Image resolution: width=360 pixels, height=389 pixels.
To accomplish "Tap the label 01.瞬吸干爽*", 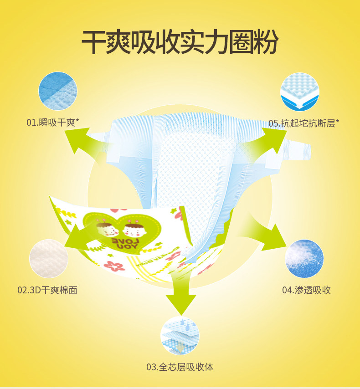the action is pos(52,122).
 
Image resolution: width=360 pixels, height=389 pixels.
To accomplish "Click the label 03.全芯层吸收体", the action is pos(180,367).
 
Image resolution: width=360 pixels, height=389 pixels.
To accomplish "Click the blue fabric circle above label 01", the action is pos(57,92).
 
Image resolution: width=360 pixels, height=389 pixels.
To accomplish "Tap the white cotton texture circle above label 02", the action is pos(49,259).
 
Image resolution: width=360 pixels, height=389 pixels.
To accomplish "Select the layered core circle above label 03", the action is pos(180,336).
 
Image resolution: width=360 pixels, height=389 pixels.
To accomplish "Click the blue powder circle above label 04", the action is pos(304,258).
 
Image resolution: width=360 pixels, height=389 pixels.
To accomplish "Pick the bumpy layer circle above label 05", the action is pos(299,92).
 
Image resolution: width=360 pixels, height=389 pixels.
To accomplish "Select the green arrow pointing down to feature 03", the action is pos(180,292).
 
